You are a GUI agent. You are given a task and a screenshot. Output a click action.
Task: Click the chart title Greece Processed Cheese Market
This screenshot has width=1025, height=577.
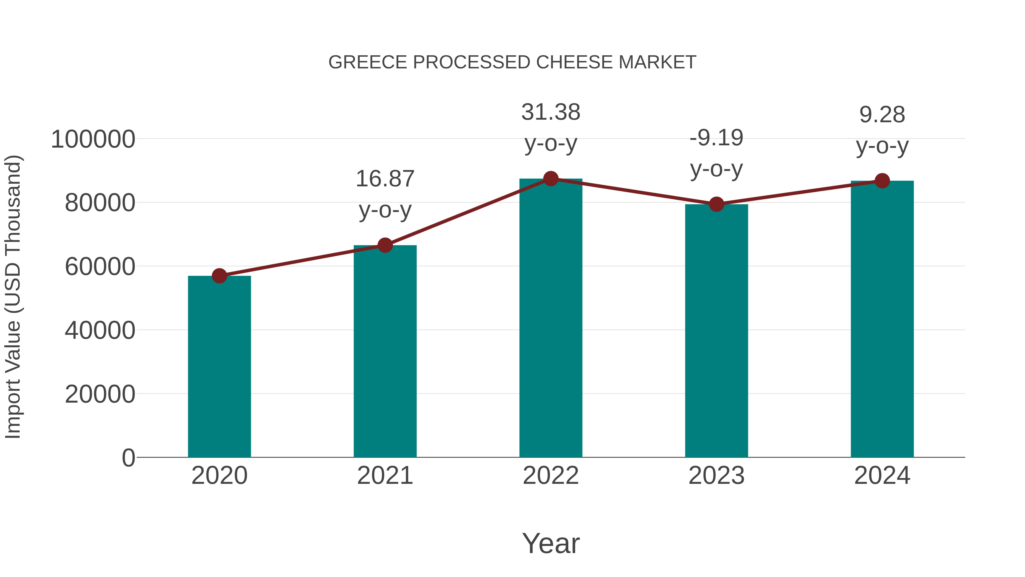click(x=512, y=62)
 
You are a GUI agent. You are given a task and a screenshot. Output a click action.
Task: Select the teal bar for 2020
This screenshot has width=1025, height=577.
click(x=219, y=366)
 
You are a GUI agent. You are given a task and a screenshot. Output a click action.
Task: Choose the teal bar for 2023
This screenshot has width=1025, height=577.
click(x=716, y=331)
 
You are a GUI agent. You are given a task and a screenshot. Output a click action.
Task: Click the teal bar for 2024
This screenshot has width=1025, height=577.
click(x=882, y=319)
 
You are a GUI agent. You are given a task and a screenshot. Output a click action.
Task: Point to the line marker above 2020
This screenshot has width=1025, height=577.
click(x=219, y=276)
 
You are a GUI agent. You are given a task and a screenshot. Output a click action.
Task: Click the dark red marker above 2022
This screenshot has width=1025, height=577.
click(x=551, y=179)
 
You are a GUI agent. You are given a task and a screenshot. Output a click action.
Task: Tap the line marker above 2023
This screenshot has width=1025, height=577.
click(x=716, y=204)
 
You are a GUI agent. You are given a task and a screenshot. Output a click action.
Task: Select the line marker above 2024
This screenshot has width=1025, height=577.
click(x=882, y=181)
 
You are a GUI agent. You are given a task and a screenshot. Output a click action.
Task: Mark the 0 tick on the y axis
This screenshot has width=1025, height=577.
click(x=128, y=458)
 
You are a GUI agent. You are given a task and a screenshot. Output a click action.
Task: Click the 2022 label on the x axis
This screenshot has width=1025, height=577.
click(x=551, y=476)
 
